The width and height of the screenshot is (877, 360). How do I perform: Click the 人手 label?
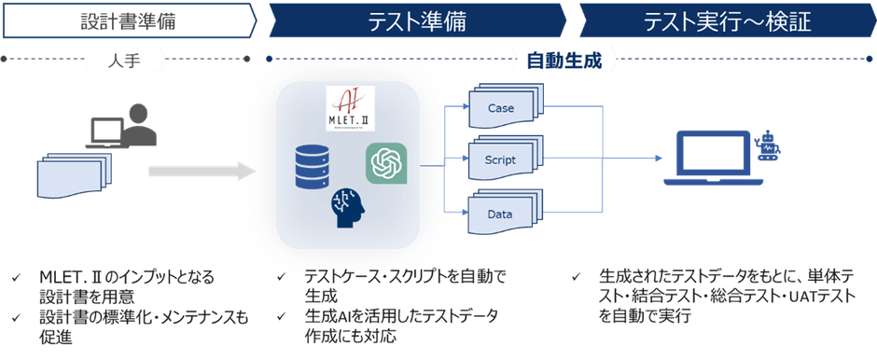click(126, 61)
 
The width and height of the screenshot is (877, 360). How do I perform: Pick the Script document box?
click(501, 160)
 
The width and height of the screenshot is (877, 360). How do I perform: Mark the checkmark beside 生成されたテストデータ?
click(578, 277)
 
